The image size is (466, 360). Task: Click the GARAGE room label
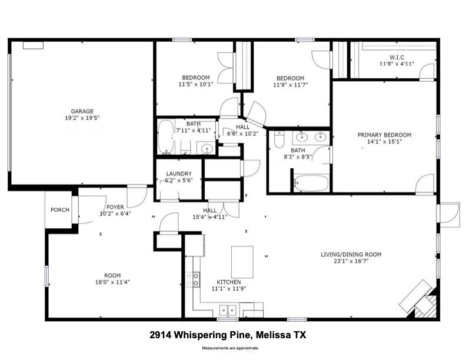(82, 111)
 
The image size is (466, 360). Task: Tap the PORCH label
(60, 209)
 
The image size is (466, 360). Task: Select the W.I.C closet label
(397, 57)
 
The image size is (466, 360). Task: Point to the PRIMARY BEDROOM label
(384, 135)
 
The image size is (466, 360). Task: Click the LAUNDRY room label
(179, 174)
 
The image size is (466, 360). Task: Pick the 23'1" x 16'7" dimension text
(351, 261)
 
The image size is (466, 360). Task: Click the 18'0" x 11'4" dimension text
(112, 282)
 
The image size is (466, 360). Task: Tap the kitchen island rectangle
(242, 262)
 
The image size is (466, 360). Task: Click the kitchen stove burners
(192, 280)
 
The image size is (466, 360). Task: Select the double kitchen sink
(228, 311)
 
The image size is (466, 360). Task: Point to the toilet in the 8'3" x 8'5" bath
(279, 139)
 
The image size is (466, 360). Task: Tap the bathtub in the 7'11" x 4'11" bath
(165, 137)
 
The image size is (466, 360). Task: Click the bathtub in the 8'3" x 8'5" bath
(311, 183)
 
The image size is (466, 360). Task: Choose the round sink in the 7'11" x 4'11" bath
(207, 148)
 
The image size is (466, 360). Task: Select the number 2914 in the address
(161, 335)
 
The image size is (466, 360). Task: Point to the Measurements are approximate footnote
(230, 348)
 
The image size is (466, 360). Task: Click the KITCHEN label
(228, 282)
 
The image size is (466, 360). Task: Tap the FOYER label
(115, 207)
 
